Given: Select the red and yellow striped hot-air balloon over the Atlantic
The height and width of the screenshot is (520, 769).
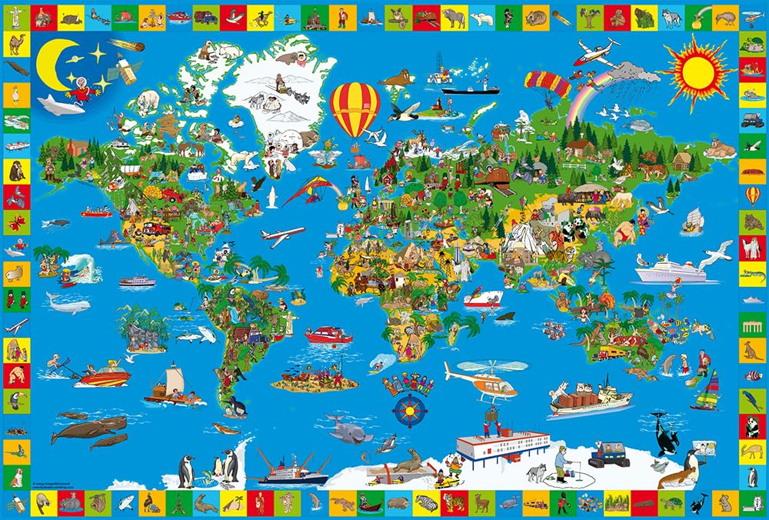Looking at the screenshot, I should tap(355, 108).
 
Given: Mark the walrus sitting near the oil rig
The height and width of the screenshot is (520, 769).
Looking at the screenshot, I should tap(397, 78).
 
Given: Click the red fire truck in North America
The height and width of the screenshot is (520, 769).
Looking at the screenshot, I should tap(153, 228).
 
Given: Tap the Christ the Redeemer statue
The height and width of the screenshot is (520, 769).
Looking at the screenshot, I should tap(290, 322).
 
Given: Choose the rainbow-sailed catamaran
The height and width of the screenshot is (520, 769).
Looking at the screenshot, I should tap(709, 392).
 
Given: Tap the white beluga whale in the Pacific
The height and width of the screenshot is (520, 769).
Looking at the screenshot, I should tap(68, 302).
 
